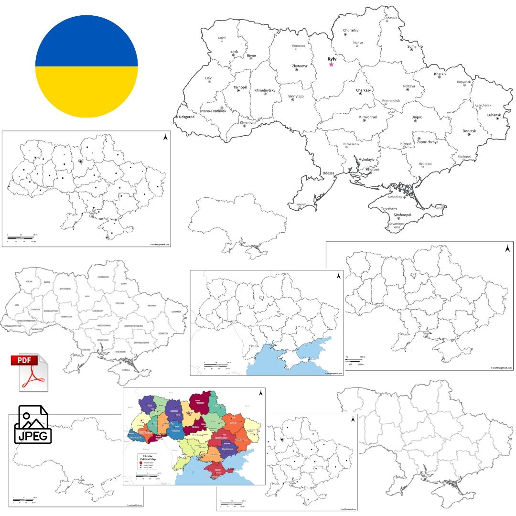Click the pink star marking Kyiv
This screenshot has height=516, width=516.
[x=331, y=64]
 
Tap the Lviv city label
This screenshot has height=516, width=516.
[x=208, y=78]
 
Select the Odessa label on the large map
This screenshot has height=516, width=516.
[x=328, y=173]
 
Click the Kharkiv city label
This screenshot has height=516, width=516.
[x=440, y=74]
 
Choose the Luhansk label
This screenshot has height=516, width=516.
[x=494, y=115]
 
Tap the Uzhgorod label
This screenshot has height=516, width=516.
[x=186, y=117]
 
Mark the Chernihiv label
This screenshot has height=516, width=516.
[x=351, y=30]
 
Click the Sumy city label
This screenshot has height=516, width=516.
[x=412, y=46]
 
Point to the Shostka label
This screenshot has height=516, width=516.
[x=391, y=18]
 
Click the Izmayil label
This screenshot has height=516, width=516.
[x=300, y=204]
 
